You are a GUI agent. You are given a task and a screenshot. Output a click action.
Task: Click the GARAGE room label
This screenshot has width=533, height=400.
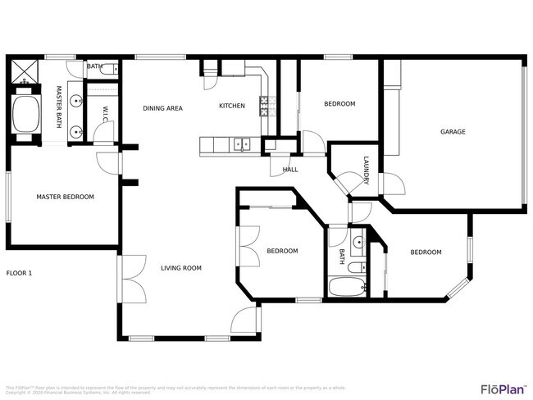tap(453, 131)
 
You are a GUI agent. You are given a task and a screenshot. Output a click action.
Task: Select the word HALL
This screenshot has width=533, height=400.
tap(290, 170)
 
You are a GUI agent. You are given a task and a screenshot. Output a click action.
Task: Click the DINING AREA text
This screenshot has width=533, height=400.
tap(162, 107)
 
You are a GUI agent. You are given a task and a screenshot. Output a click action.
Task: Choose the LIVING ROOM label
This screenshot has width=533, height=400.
tap(181, 267)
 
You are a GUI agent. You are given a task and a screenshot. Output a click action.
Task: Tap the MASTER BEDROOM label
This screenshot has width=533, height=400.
tap(65, 197)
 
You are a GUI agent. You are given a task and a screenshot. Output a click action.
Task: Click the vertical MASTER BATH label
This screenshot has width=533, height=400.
tap(59, 107)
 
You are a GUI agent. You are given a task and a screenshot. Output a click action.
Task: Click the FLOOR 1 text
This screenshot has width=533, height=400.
tap(19, 273)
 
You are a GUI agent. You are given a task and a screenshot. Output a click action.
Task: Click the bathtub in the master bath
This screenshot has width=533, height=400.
tap(25, 115)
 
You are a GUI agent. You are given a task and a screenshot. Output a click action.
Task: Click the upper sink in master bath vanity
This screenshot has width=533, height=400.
tap(76, 102)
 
